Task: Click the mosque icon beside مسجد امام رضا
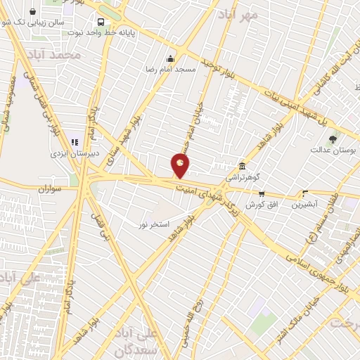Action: click(169, 59)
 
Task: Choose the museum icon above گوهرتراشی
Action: click(242, 167)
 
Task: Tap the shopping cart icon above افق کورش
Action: click(262, 194)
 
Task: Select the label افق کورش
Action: click(262, 205)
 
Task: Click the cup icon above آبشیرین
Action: click(305, 193)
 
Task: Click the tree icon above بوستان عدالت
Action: click(333, 138)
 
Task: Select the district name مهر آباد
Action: click(240, 14)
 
